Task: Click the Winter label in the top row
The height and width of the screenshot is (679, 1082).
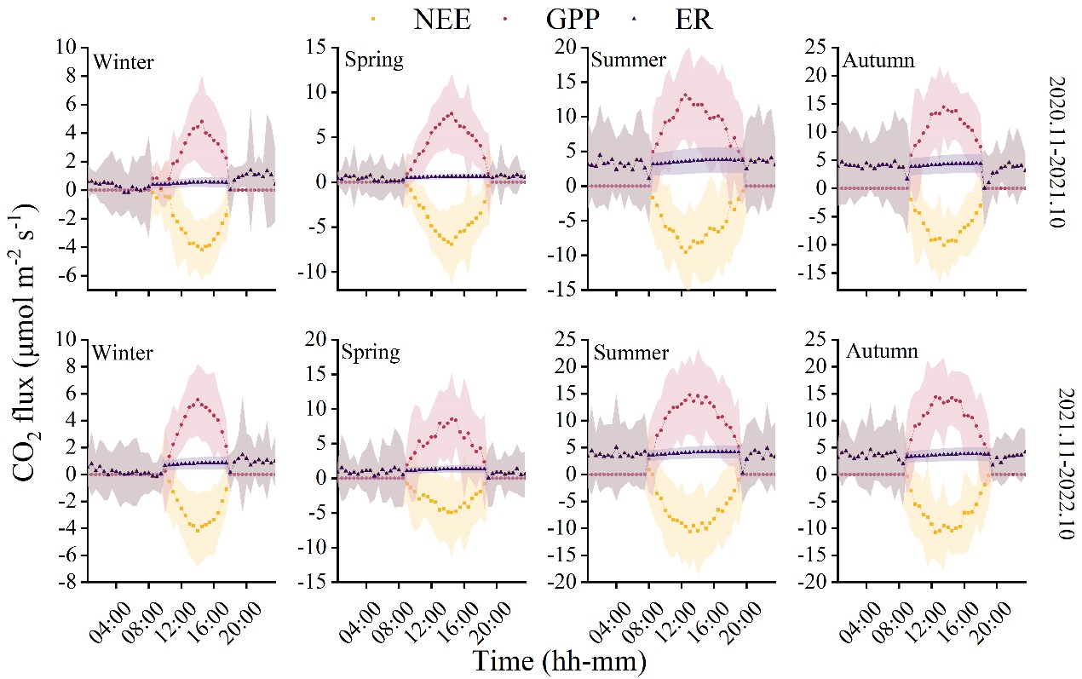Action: pos(124,61)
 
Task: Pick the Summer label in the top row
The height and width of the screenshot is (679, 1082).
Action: pos(629,61)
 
